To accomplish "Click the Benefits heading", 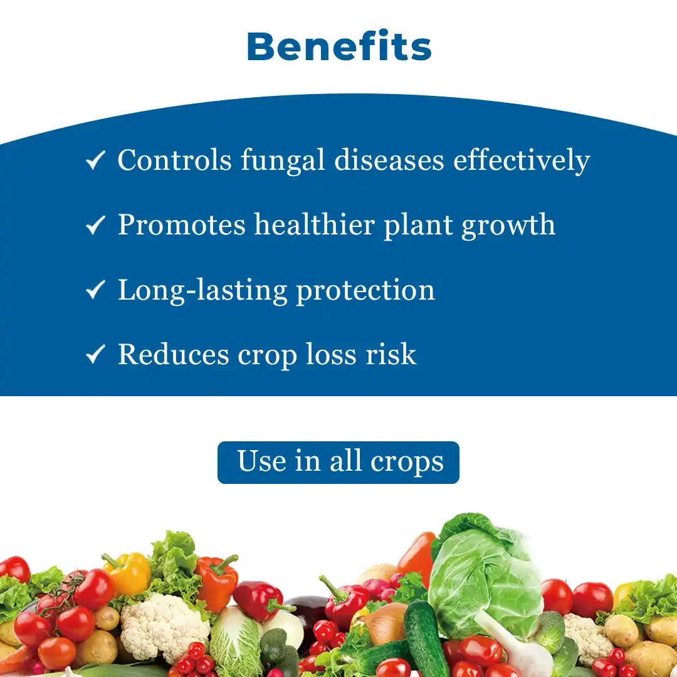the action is point(339,46).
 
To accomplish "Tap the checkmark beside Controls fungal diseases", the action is point(95,160).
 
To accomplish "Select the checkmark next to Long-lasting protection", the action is point(95,290).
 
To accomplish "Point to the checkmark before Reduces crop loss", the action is point(95,354).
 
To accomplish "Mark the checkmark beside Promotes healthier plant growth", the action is point(95,225).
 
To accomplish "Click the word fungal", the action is point(282,160).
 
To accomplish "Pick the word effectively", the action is point(522,160).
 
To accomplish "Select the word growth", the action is point(508,226).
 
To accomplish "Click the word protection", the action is point(365,290).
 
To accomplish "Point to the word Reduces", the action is point(173,354).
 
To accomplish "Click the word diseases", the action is point(389,160).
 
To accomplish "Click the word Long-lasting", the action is point(203,290).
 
